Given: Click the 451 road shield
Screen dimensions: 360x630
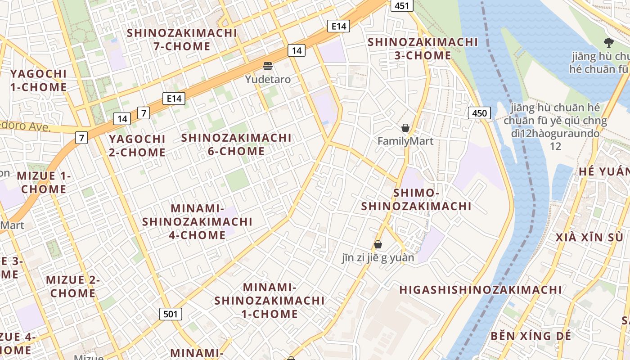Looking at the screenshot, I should (x=402, y=5).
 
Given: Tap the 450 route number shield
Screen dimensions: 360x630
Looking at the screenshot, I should (x=479, y=113).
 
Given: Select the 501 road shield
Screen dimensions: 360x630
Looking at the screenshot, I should (x=171, y=314).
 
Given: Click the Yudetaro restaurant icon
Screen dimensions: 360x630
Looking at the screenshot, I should (x=268, y=67).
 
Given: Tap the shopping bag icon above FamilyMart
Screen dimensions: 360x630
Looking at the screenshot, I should (x=405, y=128).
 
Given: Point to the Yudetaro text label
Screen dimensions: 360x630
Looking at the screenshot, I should (x=268, y=80).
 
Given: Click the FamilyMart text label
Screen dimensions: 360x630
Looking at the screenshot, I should (x=405, y=141).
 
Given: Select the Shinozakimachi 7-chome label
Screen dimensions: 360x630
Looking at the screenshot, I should (x=182, y=40).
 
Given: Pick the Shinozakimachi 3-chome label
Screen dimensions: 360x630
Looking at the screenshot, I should (x=423, y=49).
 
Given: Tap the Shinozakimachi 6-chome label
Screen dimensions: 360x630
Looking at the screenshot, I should (x=236, y=144).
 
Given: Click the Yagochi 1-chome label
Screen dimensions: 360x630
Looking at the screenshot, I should (x=38, y=80).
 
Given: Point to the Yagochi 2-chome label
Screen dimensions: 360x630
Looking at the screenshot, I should (x=137, y=145).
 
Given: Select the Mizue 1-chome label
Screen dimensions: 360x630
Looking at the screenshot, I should (x=44, y=182).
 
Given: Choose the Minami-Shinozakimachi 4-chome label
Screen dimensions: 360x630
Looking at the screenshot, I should (x=197, y=222).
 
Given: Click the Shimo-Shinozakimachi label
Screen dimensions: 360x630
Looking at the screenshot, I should (x=416, y=199).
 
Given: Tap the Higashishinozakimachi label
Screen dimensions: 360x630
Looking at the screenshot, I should (x=481, y=290).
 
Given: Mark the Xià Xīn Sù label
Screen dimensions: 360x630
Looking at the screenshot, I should (x=589, y=237).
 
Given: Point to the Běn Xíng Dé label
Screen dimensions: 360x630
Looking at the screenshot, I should (x=531, y=336).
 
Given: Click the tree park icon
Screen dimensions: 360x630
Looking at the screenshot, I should (x=608, y=43).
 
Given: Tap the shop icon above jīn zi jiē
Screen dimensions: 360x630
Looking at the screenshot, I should (x=378, y=244).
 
